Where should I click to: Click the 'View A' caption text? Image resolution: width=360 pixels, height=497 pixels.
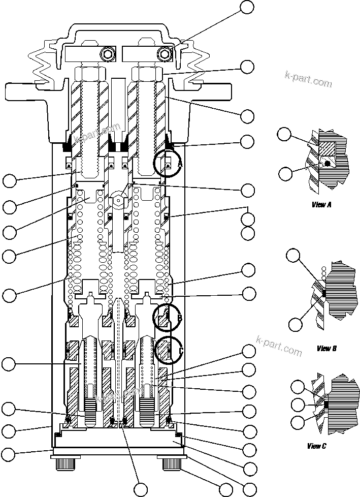coord(321,205)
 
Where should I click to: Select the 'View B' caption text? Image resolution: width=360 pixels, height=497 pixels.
coord(326,348)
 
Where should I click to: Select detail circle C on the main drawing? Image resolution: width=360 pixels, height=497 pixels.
coord(168,350)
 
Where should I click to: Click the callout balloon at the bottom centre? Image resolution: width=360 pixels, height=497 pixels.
coord(141,489)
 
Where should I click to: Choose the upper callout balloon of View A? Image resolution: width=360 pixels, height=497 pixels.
coord(284,134)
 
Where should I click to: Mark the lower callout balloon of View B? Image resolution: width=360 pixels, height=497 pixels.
coord(295,324)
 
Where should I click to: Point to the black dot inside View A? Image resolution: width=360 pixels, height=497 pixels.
coord(329,164)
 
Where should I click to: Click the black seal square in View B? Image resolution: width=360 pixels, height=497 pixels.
coord(323,293)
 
